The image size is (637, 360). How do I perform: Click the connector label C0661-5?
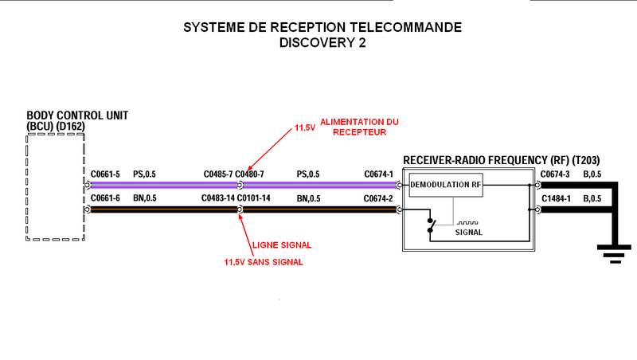pyautogui.click(x=105, y=174)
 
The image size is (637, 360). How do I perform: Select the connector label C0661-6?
pyautogui.click(x=105, y=198)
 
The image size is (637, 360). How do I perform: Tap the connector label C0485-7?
pyautogui.click(x=217, y=174)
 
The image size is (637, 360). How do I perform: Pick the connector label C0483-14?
pyautogui.click(x=217, y=198)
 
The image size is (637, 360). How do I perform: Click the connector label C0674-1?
pyautogui.click(x=379, y=174)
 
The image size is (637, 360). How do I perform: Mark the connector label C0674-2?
pyautogui.click(x=379, y=198)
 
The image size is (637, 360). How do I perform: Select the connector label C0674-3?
pyautogui.click(x=555, y=174)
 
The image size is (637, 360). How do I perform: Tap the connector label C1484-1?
pyautogui.click(x=555, y=198)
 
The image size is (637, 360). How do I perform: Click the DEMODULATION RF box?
pyautogui.click(x=446, y=185)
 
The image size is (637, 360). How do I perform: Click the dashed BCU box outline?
pyautogui.click(x=56, y=186)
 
